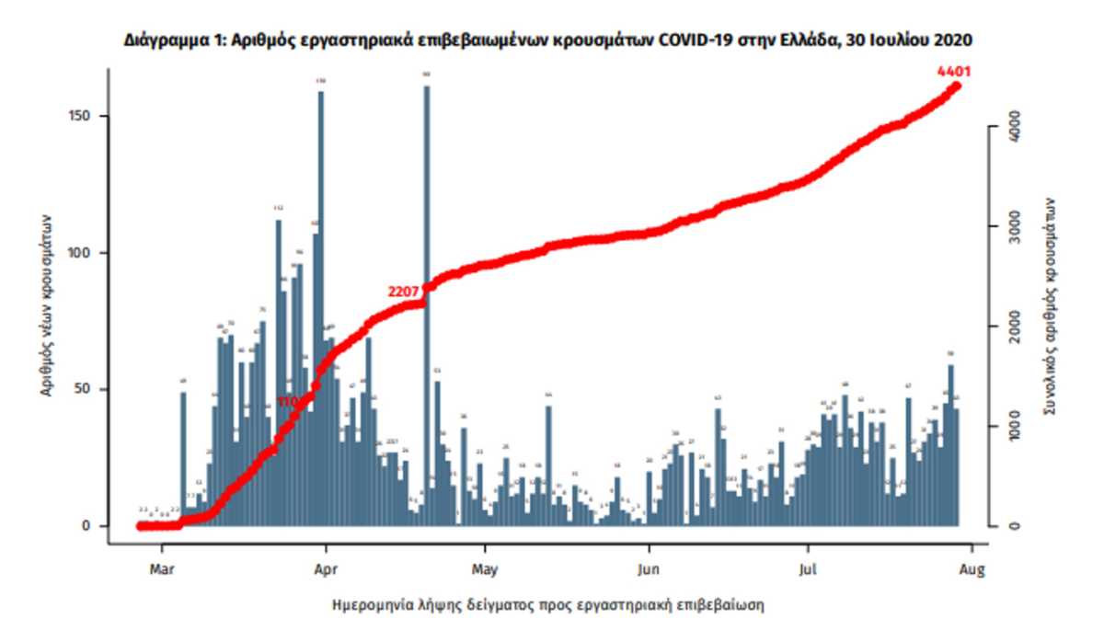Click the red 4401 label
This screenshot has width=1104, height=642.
pyautogui.click(x=954, y=71)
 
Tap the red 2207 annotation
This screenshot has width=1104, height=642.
pyautogui.click(x=404, y=292)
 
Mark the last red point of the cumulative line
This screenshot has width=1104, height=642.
pyautogui.click(x=957, y=86)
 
